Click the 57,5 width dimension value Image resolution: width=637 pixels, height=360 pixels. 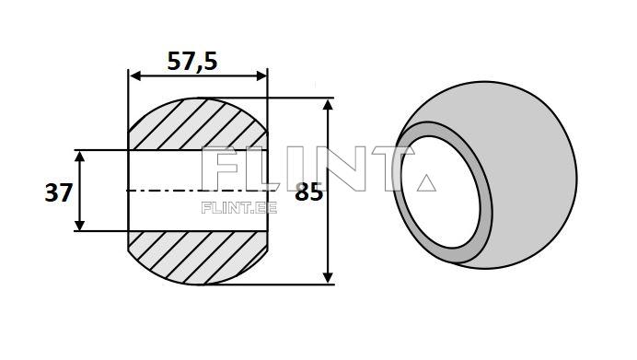pyautogui.click(x=192, y=61)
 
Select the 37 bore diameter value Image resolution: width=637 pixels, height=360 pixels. pyautogui.click(x=58, y=193)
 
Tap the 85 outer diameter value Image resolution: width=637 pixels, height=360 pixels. pyautogui.click(x=308, y=193)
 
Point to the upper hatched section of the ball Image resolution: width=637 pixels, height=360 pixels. pyautogui.click(x=198, y=124)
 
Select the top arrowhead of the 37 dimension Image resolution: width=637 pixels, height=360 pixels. pyautogui.click(x=80, y=156)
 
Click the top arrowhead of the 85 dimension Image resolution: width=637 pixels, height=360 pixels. pyautogui.click(x=328, y=103)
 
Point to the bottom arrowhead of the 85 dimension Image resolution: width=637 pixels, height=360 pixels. pyautogui.click(x=328, y=278)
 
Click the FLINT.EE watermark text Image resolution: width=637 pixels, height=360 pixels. pyautogui.click(x=238, y=207)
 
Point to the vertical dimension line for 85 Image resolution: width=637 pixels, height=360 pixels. pyautogui.click(x=328, y=230)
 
